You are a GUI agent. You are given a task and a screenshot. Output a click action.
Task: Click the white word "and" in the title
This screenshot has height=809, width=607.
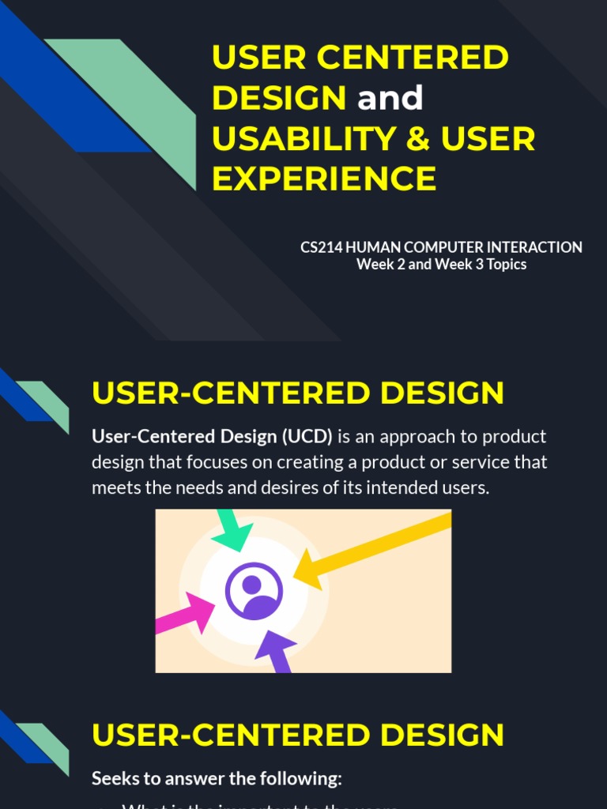(390, 99)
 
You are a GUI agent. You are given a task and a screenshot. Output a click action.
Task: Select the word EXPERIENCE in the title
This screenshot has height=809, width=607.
(324, 179)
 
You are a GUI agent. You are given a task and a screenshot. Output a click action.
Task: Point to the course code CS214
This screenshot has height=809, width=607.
(320, 247)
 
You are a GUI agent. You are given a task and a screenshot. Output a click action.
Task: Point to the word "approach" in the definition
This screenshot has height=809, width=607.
(421, 437)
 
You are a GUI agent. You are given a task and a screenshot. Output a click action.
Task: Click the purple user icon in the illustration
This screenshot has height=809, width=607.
(253, 591)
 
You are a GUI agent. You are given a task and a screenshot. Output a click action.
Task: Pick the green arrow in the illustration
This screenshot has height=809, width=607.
(232, 529)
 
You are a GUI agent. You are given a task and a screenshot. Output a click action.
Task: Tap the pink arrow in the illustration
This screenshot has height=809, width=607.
(186, 615)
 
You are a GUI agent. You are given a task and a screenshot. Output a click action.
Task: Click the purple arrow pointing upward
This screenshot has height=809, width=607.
(276, 650)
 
